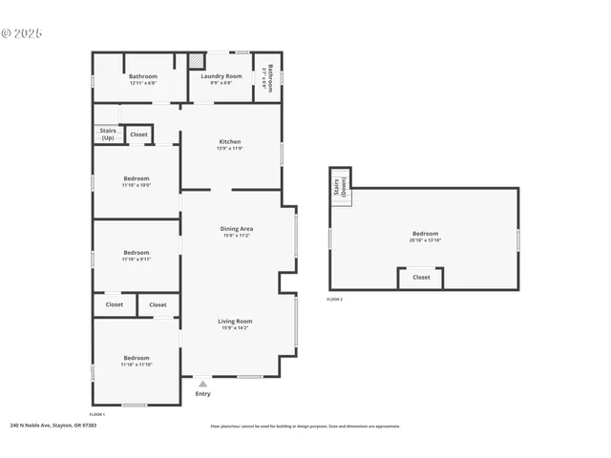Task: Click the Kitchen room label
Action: click(x=230, y=142)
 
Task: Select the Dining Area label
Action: click(x=236, y=229)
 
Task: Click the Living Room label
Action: click(x=236, y=322)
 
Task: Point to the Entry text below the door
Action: click(x=202, y=394)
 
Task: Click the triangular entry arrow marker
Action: click(x=202, y=384)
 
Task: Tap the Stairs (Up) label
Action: click(x=107, y=135)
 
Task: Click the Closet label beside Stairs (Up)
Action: click(x=139, y=135)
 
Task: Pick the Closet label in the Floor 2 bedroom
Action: click(x=421, y=278)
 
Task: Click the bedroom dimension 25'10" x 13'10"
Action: click(x=425, y=240)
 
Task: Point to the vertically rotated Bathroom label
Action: click(x=270, y=76)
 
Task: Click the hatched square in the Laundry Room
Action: click(x=196, y=59)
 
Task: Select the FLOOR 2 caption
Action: click(x=334, y=300)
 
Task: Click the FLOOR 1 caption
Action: click(x=96, y=415)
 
